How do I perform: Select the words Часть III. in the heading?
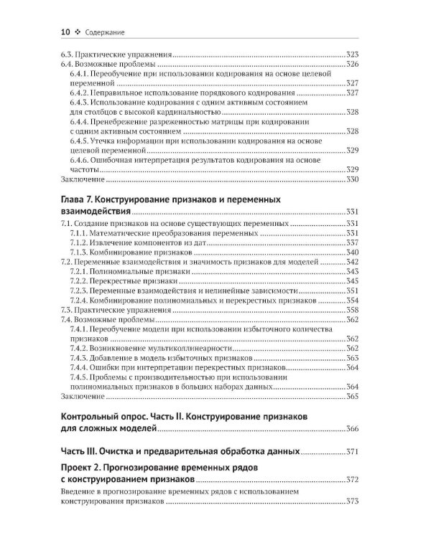[x=83, y=453]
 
